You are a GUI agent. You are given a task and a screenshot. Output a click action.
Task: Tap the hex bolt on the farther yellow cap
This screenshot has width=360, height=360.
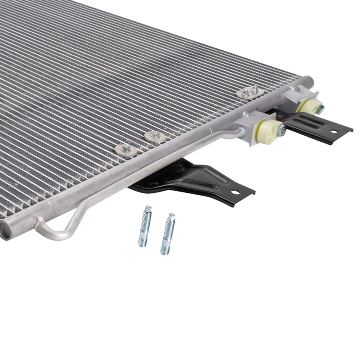[x=321, y=109]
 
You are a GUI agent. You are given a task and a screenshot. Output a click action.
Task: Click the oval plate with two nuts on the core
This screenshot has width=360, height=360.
[x=249, y=92]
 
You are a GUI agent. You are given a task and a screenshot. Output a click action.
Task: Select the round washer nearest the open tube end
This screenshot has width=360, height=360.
[x=126, y=149]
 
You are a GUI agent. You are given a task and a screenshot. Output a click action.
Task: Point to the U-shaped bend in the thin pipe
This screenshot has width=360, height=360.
[x=56, y=232]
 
